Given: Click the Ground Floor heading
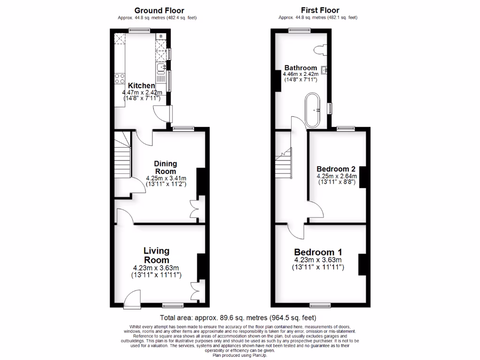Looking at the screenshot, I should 159,10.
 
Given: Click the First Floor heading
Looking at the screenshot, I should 320,10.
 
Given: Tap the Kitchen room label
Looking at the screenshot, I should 142,86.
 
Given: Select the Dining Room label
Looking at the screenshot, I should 166,167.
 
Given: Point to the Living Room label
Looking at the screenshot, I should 156,255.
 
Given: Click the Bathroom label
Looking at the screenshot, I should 300,68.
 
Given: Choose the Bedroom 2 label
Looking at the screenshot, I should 336,169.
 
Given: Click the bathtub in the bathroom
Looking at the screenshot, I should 313,110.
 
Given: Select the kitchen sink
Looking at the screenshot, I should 161,69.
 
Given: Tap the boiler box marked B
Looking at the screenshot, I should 161,36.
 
